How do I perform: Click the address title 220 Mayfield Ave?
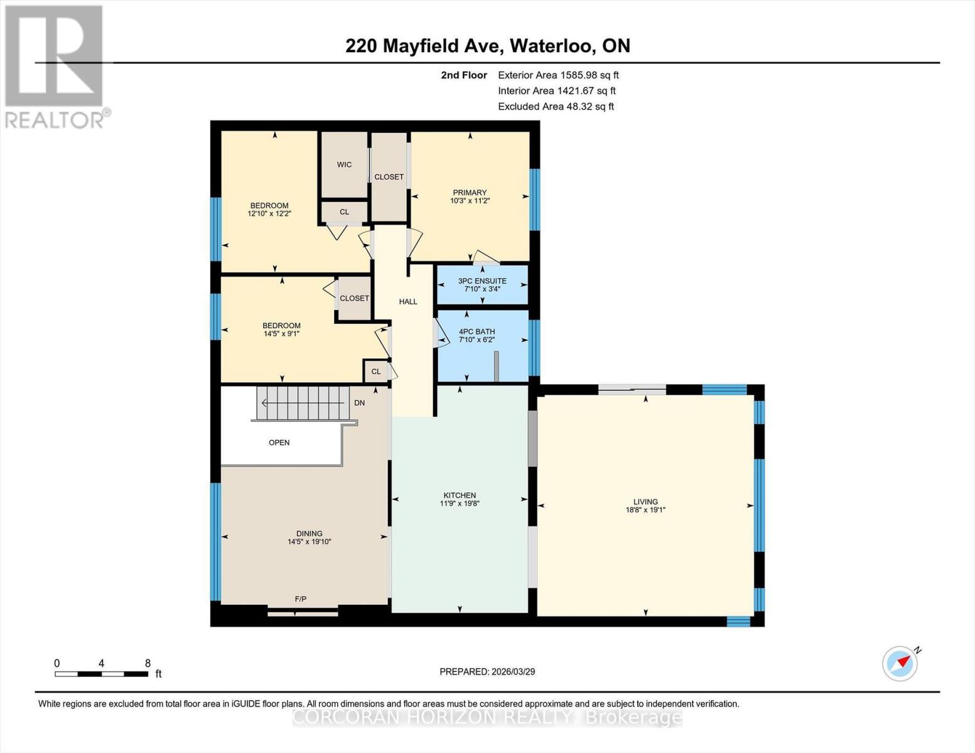pyautogui.click(x=487, y=46)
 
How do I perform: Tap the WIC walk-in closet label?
pyautogui.click(x=344, y=164)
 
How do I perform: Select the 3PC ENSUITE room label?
pyautogui.click(x=482, y=281)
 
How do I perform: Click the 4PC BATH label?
pyautogui.click(x=477, y=331)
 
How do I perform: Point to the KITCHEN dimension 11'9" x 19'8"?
pyautogui.click(x=460, y=503)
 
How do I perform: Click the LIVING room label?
pyautogui.click(x=645, y=501)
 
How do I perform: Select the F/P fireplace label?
pyautogui.click(x=301, y=599)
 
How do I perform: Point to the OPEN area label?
pyautogui.click(x=279, y=442)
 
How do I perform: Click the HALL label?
pyautogui.click(x=408, y=301)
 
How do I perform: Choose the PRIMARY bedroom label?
pyautogui.click(x=470, y=193)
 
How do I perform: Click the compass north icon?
pyautogui.click(x=900, y=663)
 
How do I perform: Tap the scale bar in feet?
pyautogui.click(x=101, y=674)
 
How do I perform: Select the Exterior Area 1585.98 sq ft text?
pyautogui.click(x=558, y=75)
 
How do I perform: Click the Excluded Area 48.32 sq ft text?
pyautogui.click(x=556, y=107)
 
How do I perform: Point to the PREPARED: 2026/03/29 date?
pyautogui.click(x=487, y=671)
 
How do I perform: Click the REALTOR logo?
pyautogui.click(x=55, y=66)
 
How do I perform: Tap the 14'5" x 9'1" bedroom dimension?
pyautogui.click(x=281, y=334)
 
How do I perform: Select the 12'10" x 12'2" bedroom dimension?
pyautogui.click(x=269, y=213)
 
